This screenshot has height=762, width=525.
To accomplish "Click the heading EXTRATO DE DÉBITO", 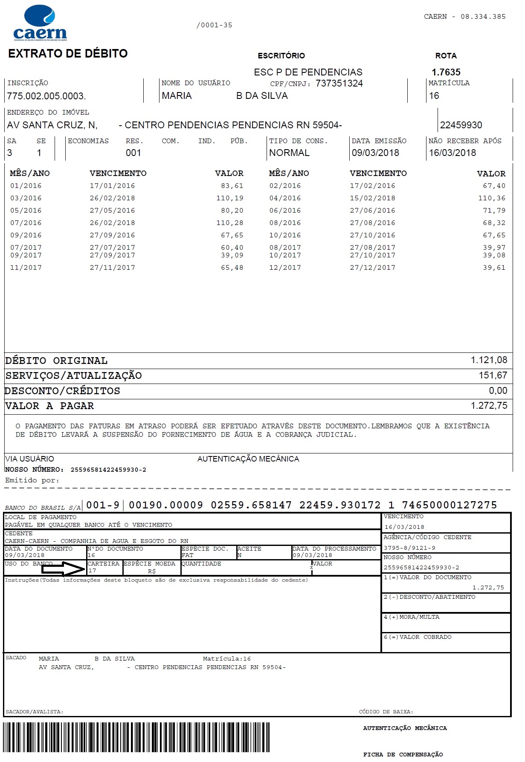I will [x=68, y=54].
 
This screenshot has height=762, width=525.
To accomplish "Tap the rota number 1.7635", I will [x=446, y=72].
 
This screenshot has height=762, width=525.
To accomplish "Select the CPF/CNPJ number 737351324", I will [x=339, y=84].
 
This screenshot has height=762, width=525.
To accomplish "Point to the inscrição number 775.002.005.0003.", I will [x=46, y=96].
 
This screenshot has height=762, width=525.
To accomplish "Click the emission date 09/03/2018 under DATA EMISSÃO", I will [x=375, y=153].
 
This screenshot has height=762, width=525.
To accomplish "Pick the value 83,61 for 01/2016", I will [x=232, y=186].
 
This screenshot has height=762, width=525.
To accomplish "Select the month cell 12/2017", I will [x=285, y=268].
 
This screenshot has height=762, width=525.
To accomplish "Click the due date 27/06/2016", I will [x=372, y=211].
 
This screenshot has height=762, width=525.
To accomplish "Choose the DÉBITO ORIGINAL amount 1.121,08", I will [x=489, y=360].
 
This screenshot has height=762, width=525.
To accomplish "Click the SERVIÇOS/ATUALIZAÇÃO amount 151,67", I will [x=493, y=375].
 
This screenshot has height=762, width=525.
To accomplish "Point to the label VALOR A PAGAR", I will [x=49, y=406].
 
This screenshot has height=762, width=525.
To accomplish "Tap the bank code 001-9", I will [x=103, y=505].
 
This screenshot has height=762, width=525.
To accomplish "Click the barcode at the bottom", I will [x=136, y=740].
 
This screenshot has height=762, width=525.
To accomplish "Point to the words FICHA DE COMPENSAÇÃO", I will [x=403, y=755].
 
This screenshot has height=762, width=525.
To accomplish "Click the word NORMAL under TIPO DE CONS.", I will [x=289, y=153].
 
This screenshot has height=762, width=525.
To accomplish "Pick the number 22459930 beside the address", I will [x=461, y=125].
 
